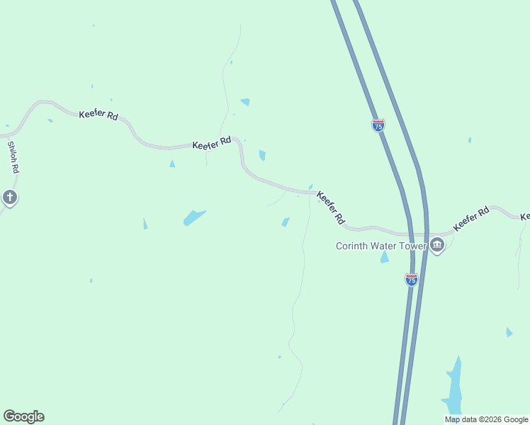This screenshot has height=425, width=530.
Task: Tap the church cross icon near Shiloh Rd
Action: (x=9, y=197)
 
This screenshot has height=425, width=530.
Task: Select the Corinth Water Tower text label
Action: (x=380, y=246)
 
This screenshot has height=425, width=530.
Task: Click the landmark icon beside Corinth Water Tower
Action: (x=436, y=246)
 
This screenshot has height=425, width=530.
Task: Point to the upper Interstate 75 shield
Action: (x=378, y=125)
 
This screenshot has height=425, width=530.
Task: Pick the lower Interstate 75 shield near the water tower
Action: (x=412, y=279)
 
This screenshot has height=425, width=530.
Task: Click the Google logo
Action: (x=23, y=416)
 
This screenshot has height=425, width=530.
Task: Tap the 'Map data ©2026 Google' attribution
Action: (x=487, y=419)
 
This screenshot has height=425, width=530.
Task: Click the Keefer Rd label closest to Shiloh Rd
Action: (x=98, y=114)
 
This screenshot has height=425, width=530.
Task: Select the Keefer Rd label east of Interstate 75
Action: (x=471, y=218)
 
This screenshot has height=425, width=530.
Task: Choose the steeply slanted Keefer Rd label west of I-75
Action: (x=331, y=208)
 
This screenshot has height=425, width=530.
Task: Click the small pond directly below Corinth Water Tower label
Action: (x=385, y=257)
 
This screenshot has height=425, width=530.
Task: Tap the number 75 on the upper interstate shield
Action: (x=378, y=126)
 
